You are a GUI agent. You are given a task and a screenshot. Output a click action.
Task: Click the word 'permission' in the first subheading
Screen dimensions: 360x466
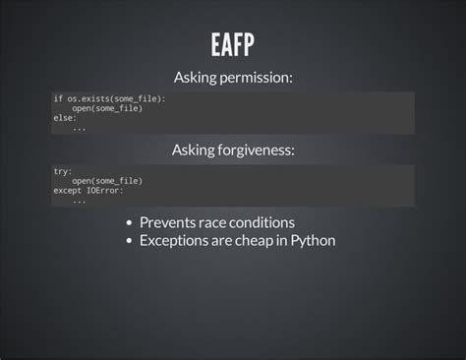257,78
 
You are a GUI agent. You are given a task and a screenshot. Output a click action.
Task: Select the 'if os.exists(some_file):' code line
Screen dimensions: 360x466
109,99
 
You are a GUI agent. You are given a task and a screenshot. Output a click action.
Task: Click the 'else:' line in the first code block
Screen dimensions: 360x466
64,117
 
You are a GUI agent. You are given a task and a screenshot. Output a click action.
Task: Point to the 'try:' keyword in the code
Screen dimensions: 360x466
62,171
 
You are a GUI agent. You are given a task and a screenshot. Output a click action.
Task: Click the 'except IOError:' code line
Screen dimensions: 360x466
87,190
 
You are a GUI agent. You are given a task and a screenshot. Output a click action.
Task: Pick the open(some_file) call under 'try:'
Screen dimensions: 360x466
106,181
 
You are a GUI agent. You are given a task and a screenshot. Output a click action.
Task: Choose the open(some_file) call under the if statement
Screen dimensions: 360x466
106,108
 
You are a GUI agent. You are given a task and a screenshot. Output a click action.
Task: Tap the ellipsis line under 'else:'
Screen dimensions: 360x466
79,127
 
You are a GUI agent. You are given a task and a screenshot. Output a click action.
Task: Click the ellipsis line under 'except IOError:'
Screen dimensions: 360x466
79,200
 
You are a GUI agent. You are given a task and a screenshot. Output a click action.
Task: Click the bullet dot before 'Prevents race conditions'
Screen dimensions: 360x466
130,223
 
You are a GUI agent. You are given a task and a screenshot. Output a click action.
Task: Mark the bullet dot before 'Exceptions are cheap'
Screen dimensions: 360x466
130,241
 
